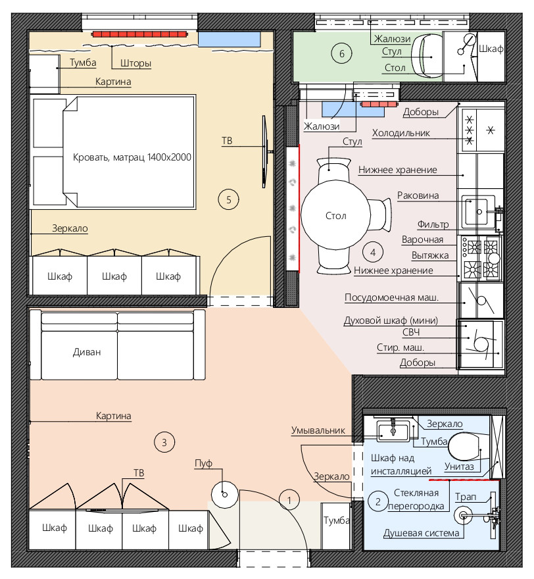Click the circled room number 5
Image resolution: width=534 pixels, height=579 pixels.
pyautogui.click(x=228, y=200)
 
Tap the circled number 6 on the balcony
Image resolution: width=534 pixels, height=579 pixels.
pyautogui.click(x=341, y=53)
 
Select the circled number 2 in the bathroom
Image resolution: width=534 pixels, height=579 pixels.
pyautogui.click(x=377, y=502)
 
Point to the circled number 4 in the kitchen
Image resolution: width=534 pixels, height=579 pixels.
pyautogui.click(x=373, y=252)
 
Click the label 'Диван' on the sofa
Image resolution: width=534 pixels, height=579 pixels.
pyautogui.click(x=87, y=352)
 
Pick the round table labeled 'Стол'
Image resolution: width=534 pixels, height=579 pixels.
pyautogui.click(x=335, y=216)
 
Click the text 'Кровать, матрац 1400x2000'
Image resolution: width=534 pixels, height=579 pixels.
pyautogui.click(x=132, y=157)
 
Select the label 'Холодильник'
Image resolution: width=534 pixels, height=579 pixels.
pyautogui.click(x=400, y=133)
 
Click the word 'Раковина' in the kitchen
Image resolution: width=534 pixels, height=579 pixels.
pyautogui.click(x=418, y=195)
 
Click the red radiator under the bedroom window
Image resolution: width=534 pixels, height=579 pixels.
pyautogui.click(x=140, y=34)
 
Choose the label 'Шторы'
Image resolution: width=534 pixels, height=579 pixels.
pyautogui.click(x=136, y=64)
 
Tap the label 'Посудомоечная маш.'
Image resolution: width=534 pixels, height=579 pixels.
pyautogui.click(x=391, y=297)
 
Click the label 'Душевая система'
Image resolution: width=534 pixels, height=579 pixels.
pyautogui.click(x=421, y=533)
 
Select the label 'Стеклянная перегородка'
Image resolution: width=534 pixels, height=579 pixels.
pyautogui.click(x=416, y=499)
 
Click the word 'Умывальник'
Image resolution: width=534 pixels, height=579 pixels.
pyautogui.click(x=318, y=430)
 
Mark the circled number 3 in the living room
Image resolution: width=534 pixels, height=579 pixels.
pyautogui.click(x=164, y=442)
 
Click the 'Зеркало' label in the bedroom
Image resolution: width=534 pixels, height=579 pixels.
pyautogui.click(x=70, y=228)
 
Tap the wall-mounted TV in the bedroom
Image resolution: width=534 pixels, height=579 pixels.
pyautogui.click(x=264, y=151)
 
